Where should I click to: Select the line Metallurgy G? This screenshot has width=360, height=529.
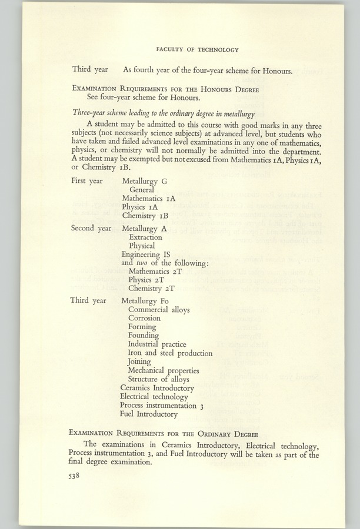[x=145, y=181]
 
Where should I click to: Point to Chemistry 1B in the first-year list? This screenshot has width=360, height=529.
[x=145, y=216]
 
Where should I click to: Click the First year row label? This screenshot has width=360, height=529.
[x=87, y=181]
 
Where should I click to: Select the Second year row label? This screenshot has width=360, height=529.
[x=91, y=227]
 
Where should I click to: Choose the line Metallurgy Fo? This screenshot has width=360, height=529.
[x=145, y=300]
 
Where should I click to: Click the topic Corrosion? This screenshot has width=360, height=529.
[x=144, y=318]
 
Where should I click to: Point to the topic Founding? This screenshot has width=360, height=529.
[x=143, y=336]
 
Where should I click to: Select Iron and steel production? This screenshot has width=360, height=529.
[x=170, y=353]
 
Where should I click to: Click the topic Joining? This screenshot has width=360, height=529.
[x=139, y=362]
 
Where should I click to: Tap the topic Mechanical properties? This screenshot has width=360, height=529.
[x=163, y=371]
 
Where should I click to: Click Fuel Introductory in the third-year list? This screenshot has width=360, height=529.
[x=148, y=414]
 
